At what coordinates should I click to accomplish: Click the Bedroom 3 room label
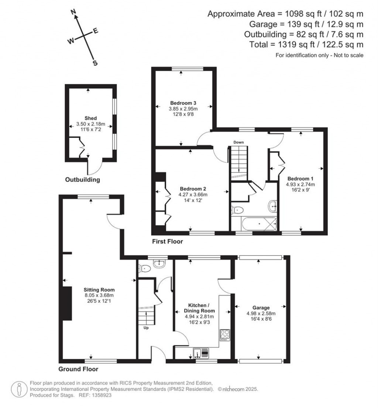coord(183,103)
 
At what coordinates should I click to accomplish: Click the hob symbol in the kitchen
coord(225,335)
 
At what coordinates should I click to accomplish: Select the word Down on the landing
coord(238,142)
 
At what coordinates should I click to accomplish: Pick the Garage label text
coord(261,307)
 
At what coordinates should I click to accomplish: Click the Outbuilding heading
coord(83,180)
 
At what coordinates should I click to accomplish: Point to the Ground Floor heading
coord(78,369)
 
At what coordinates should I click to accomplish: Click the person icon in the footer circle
coord(18,389)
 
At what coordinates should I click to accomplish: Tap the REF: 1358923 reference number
coord(98,395)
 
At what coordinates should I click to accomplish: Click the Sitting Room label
coord(99,290)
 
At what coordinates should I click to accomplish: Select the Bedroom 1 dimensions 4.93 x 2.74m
coord(300,184)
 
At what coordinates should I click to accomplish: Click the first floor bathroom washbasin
coord(273,205)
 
